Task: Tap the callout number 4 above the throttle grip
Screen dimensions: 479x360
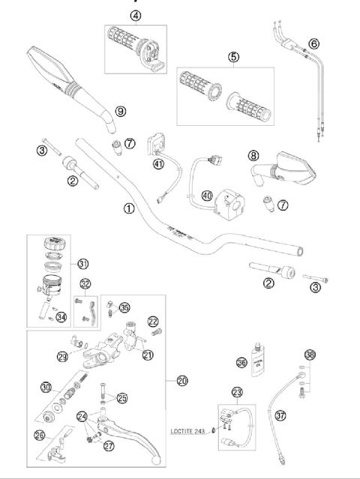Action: pos(135,15)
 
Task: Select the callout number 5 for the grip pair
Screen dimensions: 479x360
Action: pos(234,56)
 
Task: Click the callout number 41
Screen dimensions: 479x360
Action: pos(158,164)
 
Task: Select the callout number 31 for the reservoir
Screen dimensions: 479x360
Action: pos(82,263)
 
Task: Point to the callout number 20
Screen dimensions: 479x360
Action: pos(181,381)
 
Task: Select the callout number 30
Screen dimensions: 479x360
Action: pos(46,387)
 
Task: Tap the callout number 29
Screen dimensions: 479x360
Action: pos(62,355)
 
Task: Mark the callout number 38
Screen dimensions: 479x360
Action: pos(308,355)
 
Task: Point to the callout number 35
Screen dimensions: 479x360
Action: pos(124,307)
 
